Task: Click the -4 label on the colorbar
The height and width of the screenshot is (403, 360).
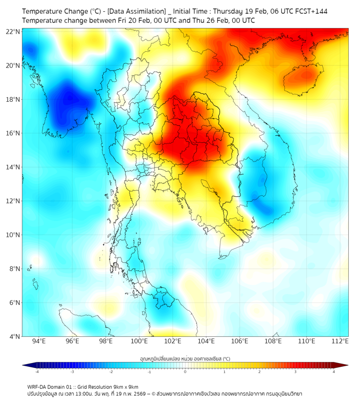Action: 37,372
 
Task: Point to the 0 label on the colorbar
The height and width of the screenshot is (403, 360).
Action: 185,372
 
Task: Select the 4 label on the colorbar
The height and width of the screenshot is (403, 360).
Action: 334,372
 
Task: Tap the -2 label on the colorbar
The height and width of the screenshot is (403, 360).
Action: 111,372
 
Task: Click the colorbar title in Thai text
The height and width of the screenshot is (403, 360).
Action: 185,359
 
